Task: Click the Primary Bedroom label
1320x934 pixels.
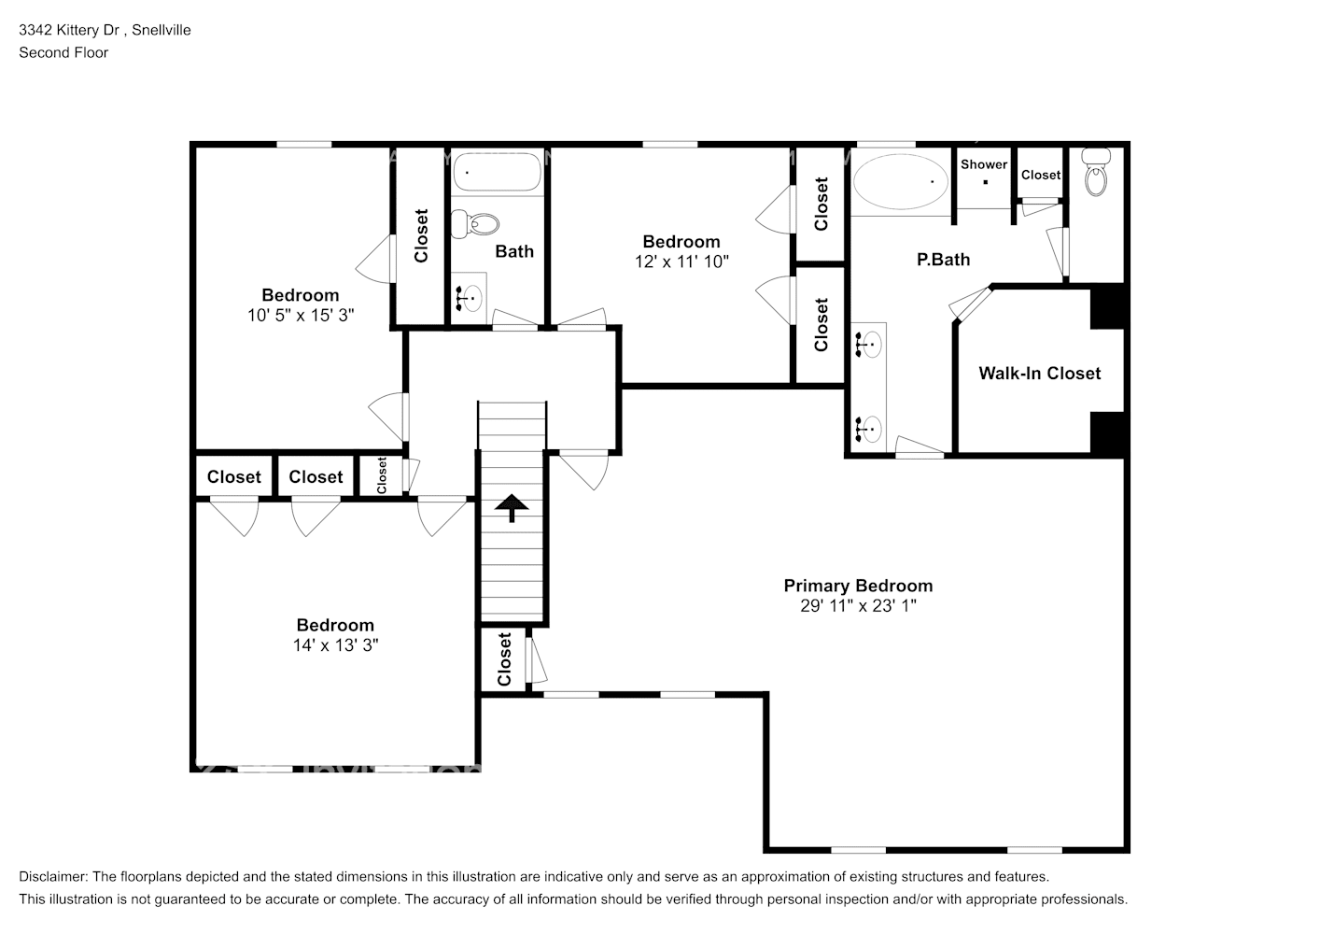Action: click(858, 586)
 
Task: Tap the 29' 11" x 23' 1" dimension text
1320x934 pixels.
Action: click(858, 606)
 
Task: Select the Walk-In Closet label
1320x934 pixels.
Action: click(1039, 374)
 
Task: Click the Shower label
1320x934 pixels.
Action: click(984, 164)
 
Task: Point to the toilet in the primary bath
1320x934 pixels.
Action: click(1096, 173)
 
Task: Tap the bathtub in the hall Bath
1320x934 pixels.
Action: click(497, 173)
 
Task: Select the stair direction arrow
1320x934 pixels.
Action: click(512, 507)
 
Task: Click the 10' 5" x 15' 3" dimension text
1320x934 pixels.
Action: click(301, 316)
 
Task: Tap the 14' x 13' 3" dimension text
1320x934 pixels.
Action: click(335, 645)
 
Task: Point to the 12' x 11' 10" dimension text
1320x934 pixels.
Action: click(681, 262)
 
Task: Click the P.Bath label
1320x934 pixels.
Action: click(943, 260)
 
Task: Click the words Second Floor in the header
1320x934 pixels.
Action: click(63, 52)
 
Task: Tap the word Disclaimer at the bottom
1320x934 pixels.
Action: click(52, 877)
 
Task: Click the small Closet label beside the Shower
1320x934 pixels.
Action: click(1040, 175)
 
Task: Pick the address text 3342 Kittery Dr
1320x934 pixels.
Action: click(71, 30)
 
